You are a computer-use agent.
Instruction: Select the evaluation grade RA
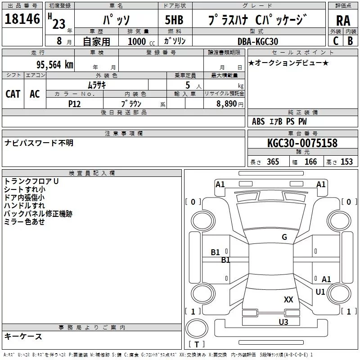[x=343, y=20]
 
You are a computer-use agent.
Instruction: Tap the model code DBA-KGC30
[x=258, y=41]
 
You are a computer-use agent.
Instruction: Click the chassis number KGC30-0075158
[x=302, y=143]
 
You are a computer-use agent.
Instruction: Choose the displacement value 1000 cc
[x=137, y=41]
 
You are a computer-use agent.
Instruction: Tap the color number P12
[x=74, y=103]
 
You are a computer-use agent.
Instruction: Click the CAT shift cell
[x=13, y=94]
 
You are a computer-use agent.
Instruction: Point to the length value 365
[x=273, y=162]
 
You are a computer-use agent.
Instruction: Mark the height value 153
[x=346, y=162]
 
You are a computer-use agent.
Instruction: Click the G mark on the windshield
[x=284, y=237]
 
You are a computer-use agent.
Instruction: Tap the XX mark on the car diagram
[x=288, y=300]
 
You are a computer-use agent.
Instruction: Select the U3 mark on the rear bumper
[x=283, y=322]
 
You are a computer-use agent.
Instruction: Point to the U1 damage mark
[x=320, y=292]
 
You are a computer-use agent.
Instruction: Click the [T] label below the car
[x=197, y=345]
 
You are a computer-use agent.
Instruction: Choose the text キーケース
[x=23, y=336]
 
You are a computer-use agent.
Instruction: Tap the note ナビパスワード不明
[x=39, y=143]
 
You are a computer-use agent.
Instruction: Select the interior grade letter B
[x=350, y=41]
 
